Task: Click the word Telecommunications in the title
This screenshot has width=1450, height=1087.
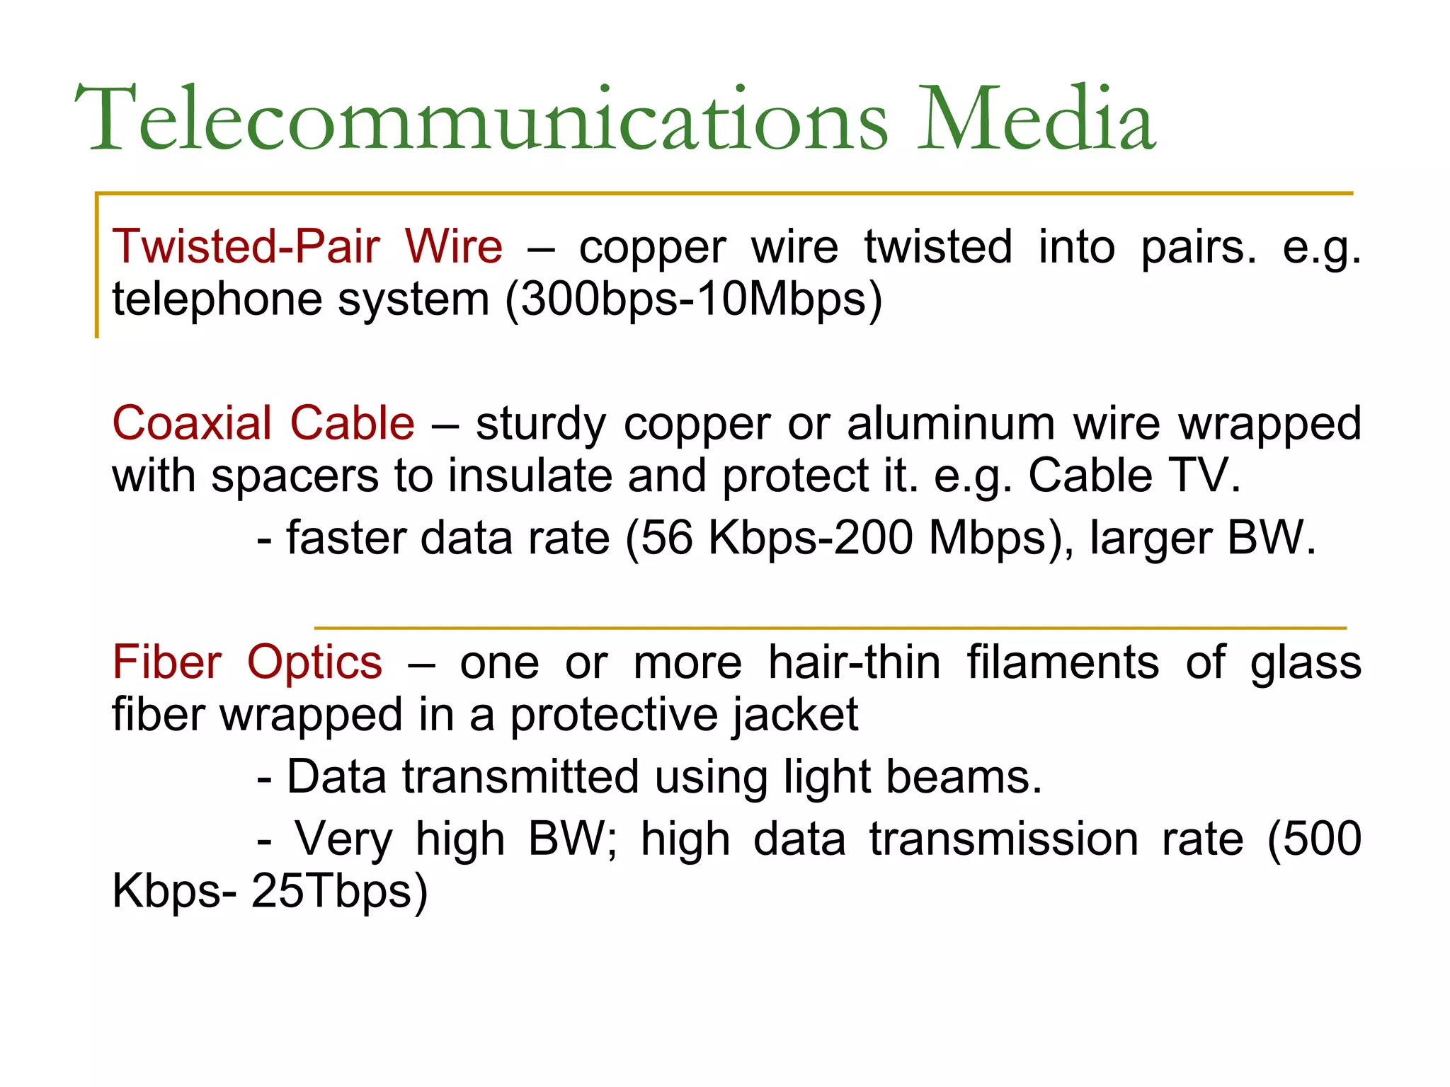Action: (481, 119)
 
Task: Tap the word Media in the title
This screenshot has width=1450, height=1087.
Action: (1037, 119)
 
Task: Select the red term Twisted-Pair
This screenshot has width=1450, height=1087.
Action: (246, 247)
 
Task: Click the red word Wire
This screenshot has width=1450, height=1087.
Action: (454, 247)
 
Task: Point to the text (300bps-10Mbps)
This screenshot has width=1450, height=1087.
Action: (694, 299)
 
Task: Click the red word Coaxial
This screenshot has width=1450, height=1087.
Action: (192, 424)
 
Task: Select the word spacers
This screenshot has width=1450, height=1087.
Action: (295, 476)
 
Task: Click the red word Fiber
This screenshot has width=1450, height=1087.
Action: (167, 663)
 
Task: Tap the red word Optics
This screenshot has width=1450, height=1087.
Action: (314, 663)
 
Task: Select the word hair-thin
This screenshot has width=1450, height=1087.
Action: (854, 663)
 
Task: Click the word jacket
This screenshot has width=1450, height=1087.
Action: (795, 715)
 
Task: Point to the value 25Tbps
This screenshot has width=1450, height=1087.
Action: (340, 891)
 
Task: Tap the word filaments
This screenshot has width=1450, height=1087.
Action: (1063, 663)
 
